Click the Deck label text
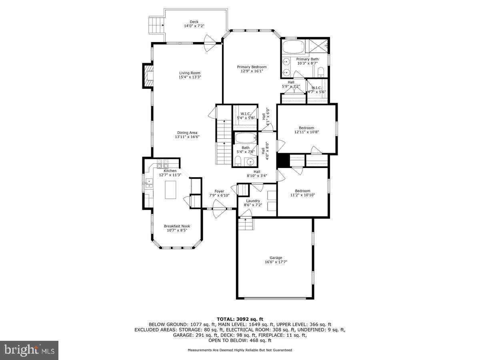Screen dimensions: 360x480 pos(194,22)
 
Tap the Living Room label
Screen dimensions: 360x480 pos(190,73)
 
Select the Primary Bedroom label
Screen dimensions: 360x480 pos(252,67)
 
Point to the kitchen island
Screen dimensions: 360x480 pos(171,190)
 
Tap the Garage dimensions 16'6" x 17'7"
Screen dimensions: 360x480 pos(276,262)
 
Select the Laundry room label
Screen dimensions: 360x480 pos(253,201)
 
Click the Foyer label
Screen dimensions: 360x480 pos(219,191)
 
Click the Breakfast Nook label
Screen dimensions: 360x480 pos(177,226)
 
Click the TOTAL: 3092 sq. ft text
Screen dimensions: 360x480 pos(240,318)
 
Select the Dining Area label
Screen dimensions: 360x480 pos(187,133)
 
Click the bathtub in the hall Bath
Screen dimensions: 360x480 pos(245,138)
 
